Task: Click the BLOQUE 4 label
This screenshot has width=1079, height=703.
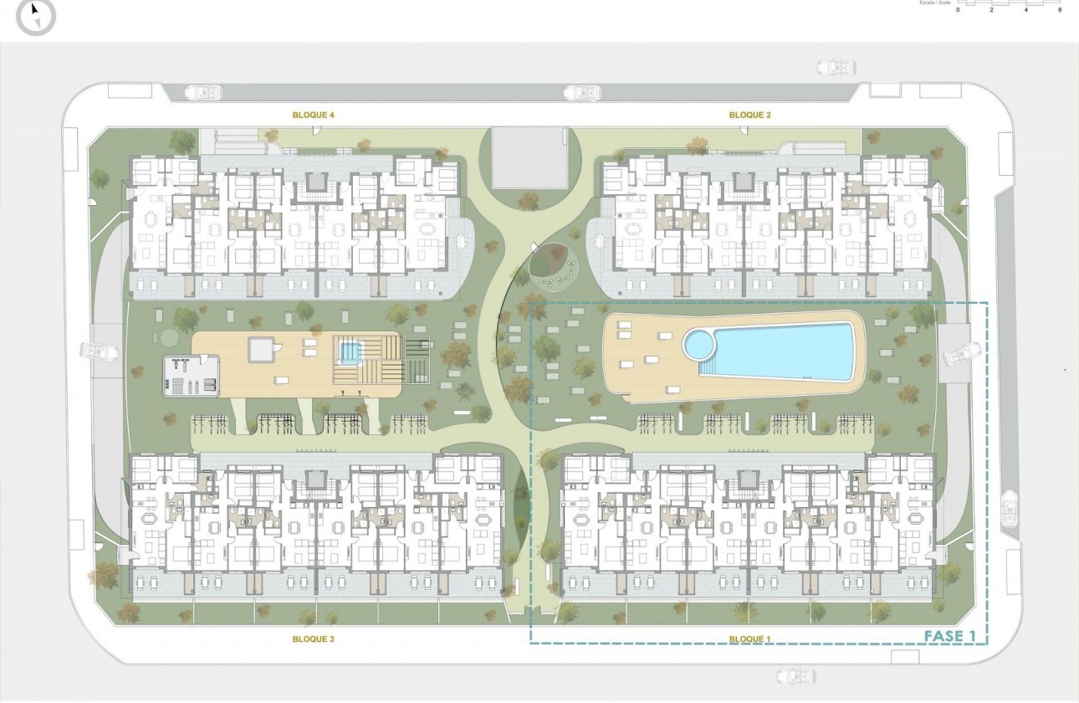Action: point(314,115)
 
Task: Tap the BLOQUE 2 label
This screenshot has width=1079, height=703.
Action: point(750,115)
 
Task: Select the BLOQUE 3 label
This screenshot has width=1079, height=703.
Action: point(314,639)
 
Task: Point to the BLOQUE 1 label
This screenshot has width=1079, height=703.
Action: point(750,639)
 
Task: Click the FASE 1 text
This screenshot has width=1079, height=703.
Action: point(950,636)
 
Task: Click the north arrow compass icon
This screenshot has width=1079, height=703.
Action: point(36,16)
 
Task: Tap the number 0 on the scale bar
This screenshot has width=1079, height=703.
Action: point(958,9)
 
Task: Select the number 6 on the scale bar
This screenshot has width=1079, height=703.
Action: point(1060,9)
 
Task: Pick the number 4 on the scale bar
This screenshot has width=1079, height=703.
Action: point(1026,9)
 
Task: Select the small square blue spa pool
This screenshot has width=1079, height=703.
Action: point(348,351)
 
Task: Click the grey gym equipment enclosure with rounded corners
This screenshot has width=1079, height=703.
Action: point(192,376)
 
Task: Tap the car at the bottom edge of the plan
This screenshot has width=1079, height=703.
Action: point(795,675)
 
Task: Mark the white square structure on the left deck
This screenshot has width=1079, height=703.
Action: point(261,349)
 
